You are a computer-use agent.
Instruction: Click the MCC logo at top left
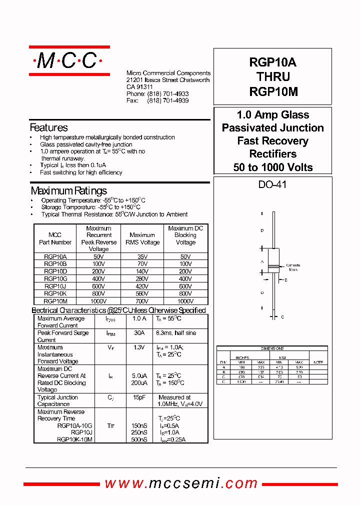click(69, 61)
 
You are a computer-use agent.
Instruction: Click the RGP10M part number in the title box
click(272, 92)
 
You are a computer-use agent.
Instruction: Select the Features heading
click(48, 127)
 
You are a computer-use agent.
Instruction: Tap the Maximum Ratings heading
click(68, 190)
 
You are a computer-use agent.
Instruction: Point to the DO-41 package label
click(272, 184)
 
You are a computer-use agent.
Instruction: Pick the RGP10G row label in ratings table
click(55, 278)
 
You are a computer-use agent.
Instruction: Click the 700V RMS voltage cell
click(142, 301)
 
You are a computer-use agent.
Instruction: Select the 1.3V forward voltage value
click(139, 347)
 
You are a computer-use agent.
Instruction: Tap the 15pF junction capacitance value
click(139, 397)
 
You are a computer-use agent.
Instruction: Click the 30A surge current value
click(139, 333)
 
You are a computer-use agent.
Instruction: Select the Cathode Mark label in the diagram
click(292, 267)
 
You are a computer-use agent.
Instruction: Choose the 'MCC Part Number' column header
click(55, 238)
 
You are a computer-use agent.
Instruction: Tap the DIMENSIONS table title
click(272, 348)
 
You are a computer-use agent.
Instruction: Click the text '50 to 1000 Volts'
click(272, 167)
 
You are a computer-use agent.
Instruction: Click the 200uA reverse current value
click(139, 383)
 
